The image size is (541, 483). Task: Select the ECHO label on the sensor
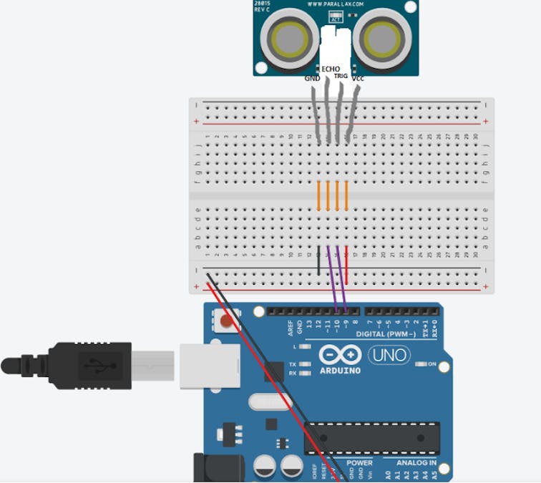click(331, 69)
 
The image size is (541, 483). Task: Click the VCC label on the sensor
click(359, 78)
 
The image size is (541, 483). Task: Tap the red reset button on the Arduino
click(227, 321)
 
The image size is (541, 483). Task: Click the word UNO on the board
click(389, 354)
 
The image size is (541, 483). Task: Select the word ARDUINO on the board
click(341, 371)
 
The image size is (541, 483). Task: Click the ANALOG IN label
click(417, 464)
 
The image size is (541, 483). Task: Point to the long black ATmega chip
click(372, 437)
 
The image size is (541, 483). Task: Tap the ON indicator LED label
click(432, 364)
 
